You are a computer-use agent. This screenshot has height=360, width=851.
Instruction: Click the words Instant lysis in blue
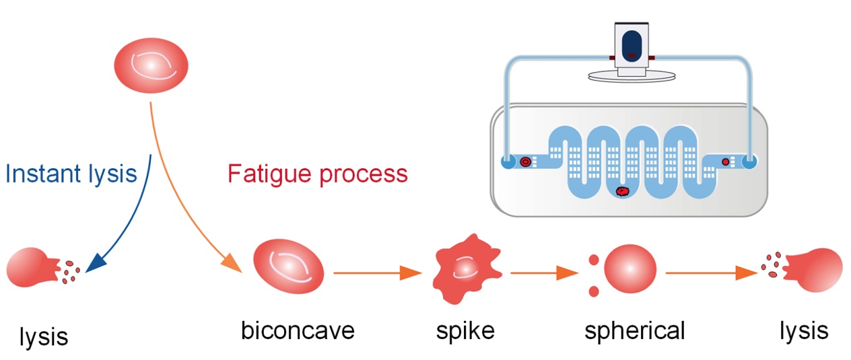pyautogui.click(x=71, y=174)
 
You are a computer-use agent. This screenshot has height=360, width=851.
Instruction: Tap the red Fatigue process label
pyautogui.click(x=317, y=174)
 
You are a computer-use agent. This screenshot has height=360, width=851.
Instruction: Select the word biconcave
pyautogui.click(x=298, y=330)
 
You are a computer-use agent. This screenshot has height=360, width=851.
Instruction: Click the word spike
pyautogui.click(x=465, y=330)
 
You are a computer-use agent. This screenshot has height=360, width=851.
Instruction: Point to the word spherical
pyautogui.click(x=634, y=330)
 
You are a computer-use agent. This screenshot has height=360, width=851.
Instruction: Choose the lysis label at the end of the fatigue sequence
pyautogui.click(x=804, y=330)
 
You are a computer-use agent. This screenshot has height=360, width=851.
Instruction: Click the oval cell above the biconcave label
pyautogui.click(x=288, y=268)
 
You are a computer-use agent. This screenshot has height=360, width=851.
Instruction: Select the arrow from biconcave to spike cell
pyautogui.click(x=377, y=273)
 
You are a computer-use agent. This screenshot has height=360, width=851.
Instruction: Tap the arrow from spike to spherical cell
pyautogui.click(x=544, y=273)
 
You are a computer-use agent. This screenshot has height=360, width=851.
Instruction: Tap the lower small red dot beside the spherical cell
pyautogui.click(x=594, y=291)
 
